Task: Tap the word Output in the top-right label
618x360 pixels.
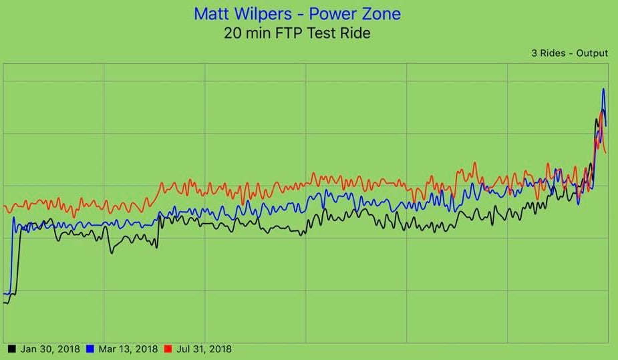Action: [592, 53]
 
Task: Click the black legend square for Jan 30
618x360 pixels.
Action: [11, 349]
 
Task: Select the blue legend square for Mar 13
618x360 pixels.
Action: [90, 349]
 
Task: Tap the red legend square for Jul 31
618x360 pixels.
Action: [168, 349]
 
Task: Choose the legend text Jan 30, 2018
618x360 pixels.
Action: [49, 349]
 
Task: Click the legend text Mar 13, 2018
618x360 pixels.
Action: [128, 349]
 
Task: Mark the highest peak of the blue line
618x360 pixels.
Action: [604, 89]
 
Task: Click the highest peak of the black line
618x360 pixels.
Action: [596, 119]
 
